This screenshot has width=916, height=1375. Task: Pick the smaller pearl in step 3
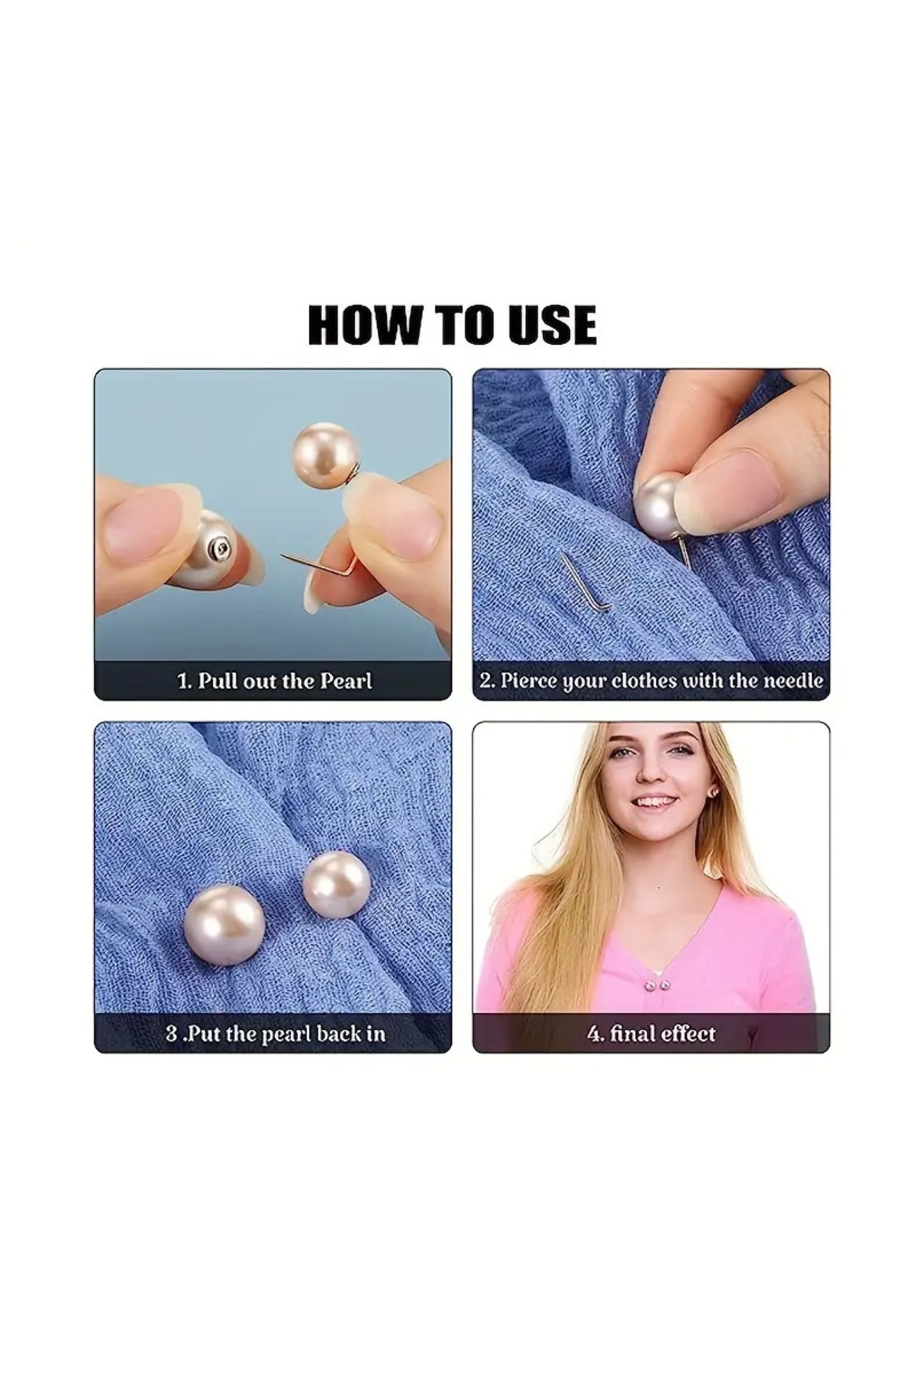click(x=336, y=885)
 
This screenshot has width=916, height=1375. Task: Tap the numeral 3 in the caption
click(x=172, y=1034)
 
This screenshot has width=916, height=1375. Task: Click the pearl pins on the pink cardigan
click(x=656, y=987)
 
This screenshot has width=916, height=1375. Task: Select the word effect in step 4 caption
click(x=689, y=1034)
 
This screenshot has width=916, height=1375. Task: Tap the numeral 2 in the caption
click(x=485, y=680)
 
